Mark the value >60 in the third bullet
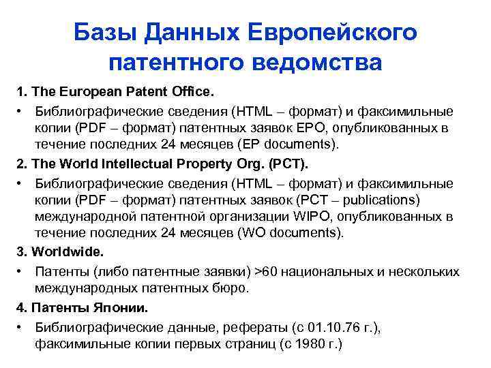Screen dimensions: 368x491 [x=266, y=271]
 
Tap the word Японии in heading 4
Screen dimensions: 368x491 [x=120, y=307]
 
